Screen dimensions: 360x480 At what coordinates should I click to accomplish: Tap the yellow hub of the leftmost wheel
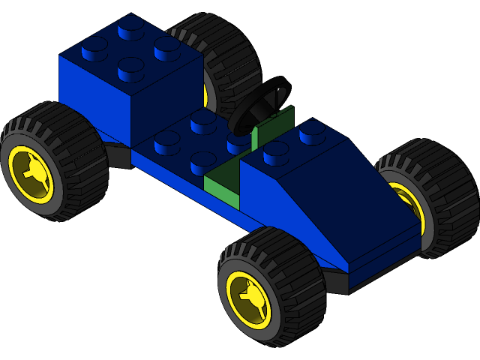coord(29,172)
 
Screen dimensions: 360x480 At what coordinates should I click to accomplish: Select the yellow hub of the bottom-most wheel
coord(248,299)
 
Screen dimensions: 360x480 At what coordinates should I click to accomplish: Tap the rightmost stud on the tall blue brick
coord(167,46)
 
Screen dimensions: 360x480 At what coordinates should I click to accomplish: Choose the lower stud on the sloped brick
coord(276,152)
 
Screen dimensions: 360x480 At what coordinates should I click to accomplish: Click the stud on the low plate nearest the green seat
coord(204,160)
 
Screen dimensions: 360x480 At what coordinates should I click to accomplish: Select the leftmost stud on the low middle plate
coord(167,141)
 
